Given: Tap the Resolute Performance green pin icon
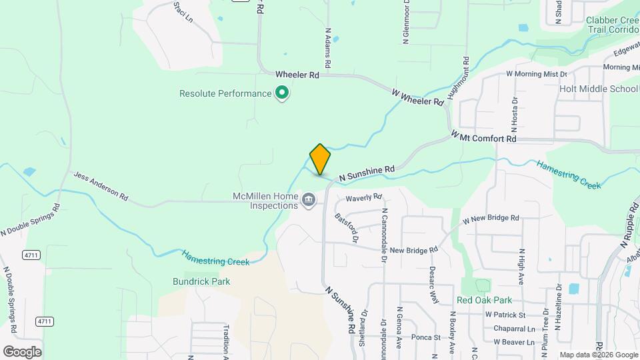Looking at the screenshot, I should coord(282,93).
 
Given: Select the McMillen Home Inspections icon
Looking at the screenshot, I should coord(308,199).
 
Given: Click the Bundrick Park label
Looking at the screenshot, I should coord(201,281).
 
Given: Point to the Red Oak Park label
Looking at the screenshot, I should coord(484,301).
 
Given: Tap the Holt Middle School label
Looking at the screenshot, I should coord(599,89).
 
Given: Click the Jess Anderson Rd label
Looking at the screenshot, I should coord(101,186).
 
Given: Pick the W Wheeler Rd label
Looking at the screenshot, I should coord(417,97).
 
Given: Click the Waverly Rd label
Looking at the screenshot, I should coord(363,197).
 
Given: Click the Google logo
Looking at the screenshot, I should coord(22,351).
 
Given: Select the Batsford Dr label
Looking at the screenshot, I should coord(347,227).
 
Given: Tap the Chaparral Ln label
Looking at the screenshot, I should coord(514,329).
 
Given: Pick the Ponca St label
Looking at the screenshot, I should coord(426,337).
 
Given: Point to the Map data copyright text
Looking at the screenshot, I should coord(599,355).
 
